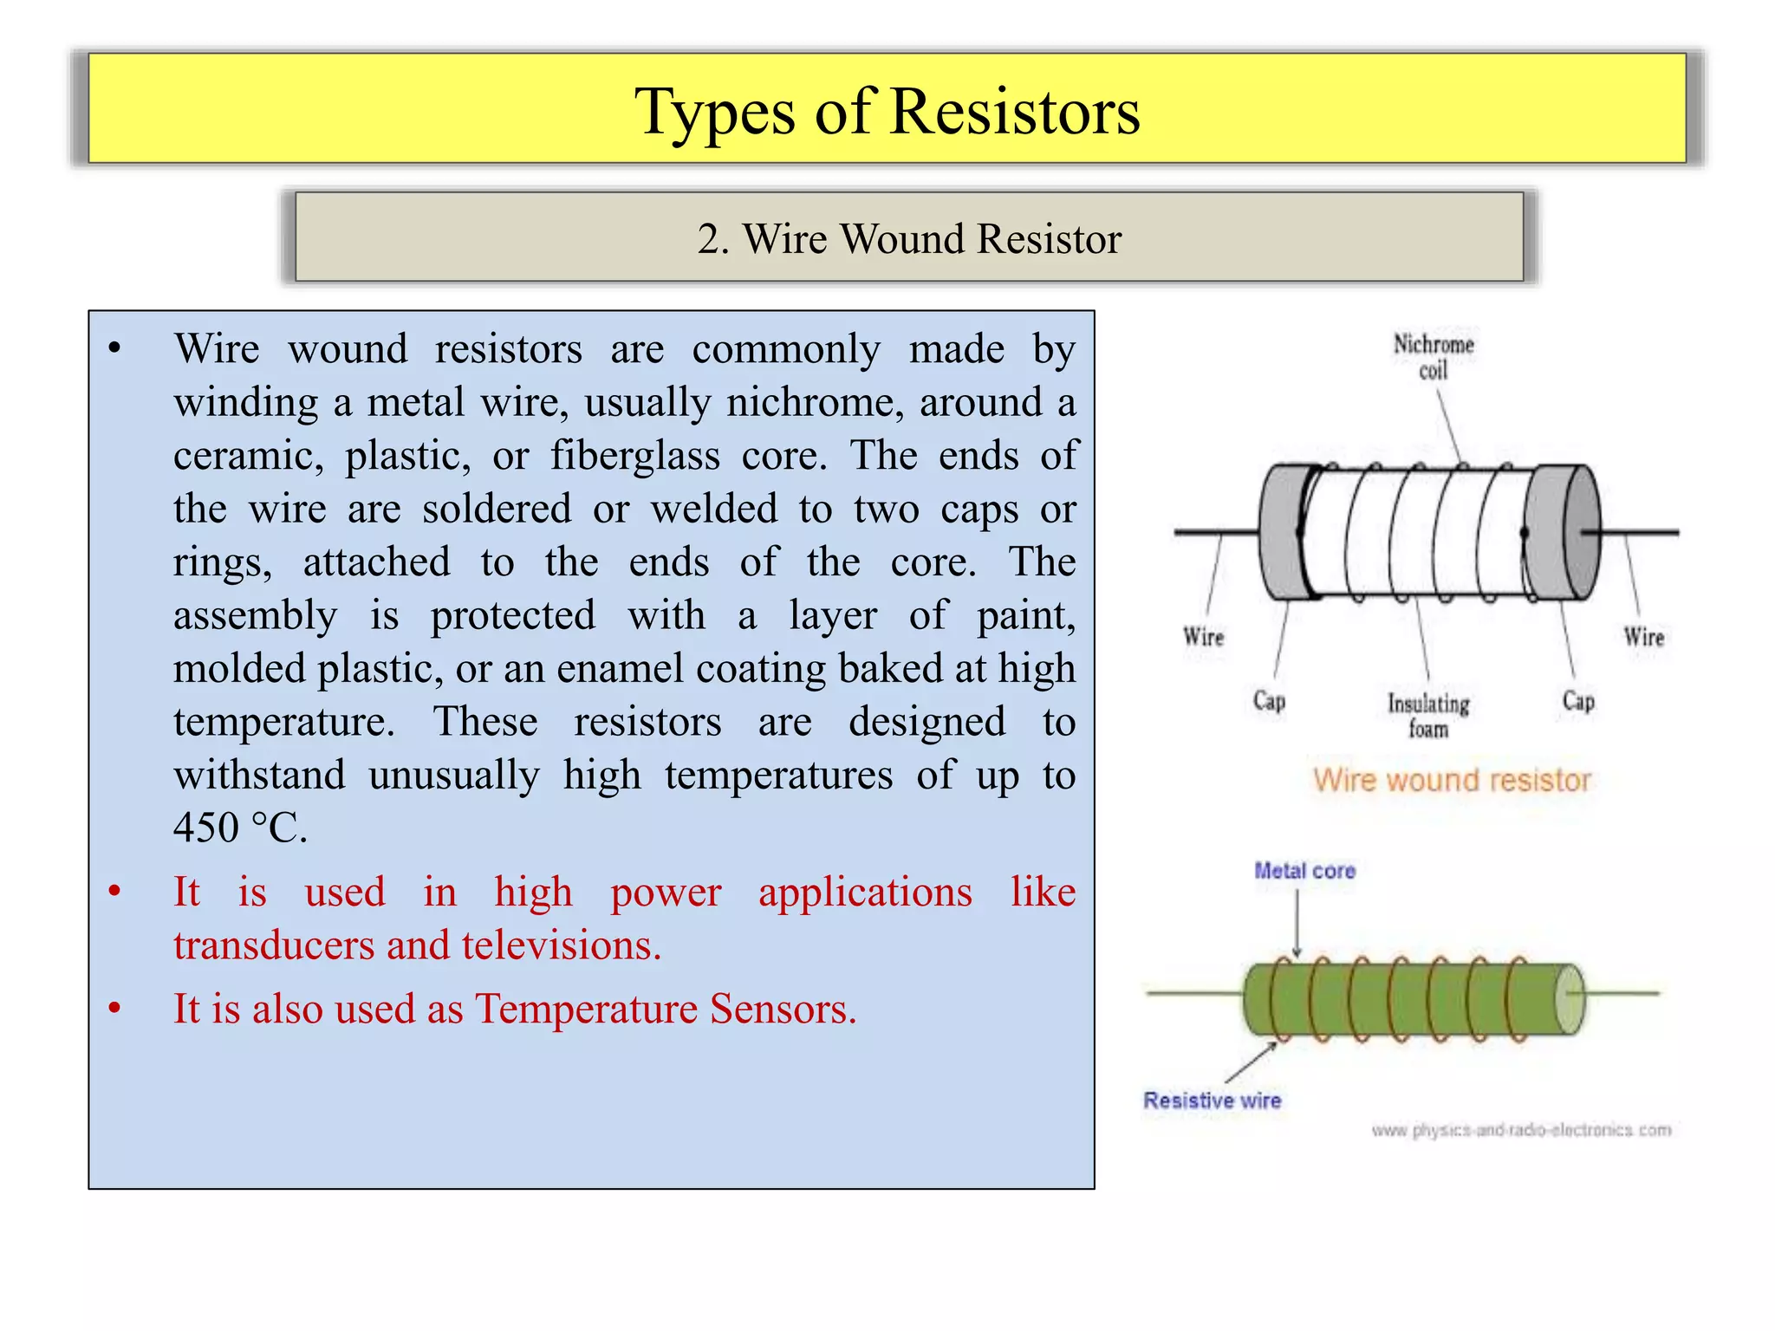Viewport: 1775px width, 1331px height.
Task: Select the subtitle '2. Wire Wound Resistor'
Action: click(x=908, y=238)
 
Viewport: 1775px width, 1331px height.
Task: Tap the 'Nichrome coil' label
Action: click(x=1433, y=356)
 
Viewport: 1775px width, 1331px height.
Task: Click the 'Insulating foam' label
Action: click(x=1427, y=715)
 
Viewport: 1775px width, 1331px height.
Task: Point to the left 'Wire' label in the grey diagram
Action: click(x=1203, y=637)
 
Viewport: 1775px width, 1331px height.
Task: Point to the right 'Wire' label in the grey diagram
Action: click(x=1643, y=637)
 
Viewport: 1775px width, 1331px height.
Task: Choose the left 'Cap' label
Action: click(x=1269, y=700)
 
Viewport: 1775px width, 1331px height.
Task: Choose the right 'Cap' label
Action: click(x=1577, y=700)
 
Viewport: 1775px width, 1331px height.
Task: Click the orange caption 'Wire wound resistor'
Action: click(x=1452, y=780)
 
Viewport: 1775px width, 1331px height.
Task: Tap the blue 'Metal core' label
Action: click(x=1304, y=871)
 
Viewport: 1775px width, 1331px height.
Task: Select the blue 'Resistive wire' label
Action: click(x=1212, y=1101)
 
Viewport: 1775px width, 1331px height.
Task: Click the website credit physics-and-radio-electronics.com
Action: click(x=1521, y=1130)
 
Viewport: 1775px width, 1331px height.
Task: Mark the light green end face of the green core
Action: click(x=1569, y=998)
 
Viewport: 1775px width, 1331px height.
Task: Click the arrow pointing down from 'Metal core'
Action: click(x=1297, y=923)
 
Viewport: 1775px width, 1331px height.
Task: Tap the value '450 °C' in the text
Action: click(x=240, y=828)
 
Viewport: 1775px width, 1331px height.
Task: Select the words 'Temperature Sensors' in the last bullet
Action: click(x=665, y=1009)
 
